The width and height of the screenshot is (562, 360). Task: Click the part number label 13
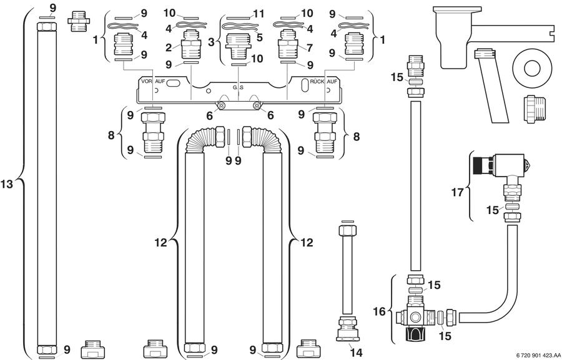(x=7, y=184)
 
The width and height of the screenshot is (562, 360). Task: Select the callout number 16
(x=379, y=311)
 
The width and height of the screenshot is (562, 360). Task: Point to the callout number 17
(x=457, y=192)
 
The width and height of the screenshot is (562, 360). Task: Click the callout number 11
(x=259, y=14)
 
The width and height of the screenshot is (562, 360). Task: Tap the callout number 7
(x=310, y=47)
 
